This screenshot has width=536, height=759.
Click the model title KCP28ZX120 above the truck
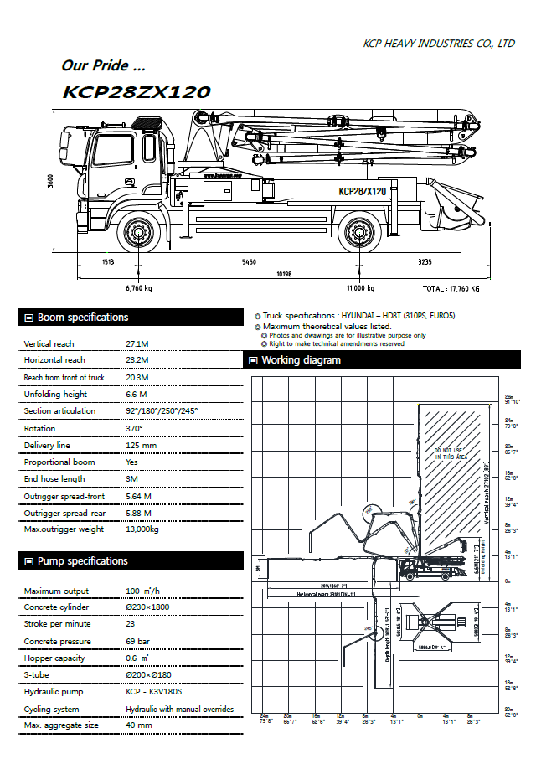(x=136, y=92)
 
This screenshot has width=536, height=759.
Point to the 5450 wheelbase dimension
(x=249, y=262)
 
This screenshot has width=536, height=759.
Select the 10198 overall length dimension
(x=284, y=274)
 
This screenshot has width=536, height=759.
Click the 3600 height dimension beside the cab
(x=50, y=182)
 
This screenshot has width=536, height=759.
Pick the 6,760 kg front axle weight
(x=138, y=288)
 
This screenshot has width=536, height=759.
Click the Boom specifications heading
(x=83, y=318)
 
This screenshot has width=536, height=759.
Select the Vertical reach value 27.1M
(x=137, y=343)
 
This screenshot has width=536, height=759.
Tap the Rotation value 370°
(x=134, y=428)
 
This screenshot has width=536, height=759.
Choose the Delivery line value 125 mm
(x=141, y=445)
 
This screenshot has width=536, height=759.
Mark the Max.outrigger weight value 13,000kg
(x=142, y=529)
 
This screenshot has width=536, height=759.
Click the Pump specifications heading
(x=83, y=561)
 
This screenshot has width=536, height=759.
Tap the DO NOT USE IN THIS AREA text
(x=449, y=453)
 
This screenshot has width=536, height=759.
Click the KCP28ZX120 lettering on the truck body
(x=363, y=191)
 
